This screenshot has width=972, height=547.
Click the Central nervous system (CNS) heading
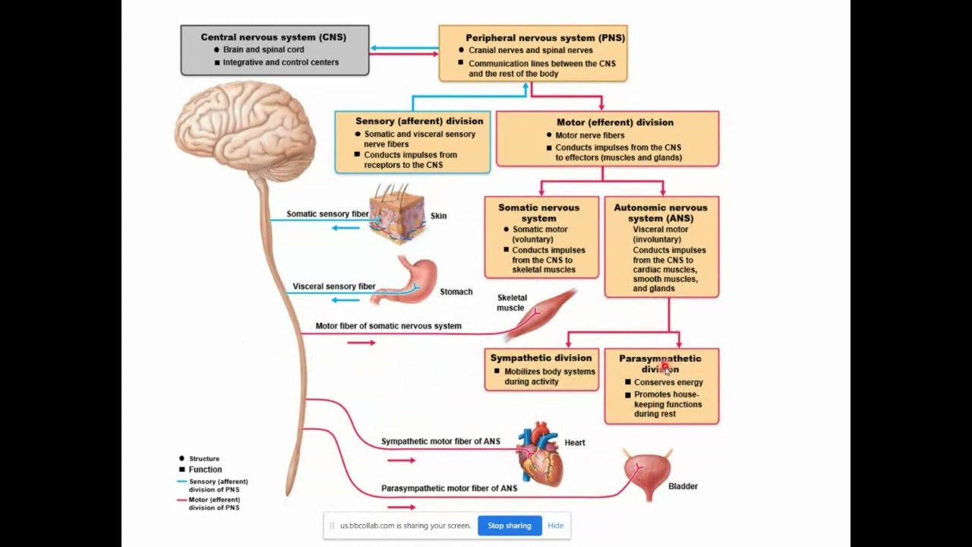click(273, 36)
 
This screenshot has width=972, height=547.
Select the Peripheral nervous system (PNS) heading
click(545, 37)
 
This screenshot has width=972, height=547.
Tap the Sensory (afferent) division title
click(419, 121)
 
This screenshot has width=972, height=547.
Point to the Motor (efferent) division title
click(614, 122)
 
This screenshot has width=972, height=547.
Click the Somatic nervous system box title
click(538, 213)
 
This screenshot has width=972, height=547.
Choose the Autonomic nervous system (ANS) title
click(660, 213)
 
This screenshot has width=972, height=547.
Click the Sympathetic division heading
click(541, 358)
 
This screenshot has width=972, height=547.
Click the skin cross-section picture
click(396, 215)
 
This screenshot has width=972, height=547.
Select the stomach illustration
click(409, 282)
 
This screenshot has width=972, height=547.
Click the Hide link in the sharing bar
click(555, 526)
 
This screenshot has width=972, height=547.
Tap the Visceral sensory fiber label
click(334, 286)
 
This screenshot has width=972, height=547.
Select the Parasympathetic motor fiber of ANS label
click(449, 489)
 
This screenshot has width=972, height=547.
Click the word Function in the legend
click(205, 470)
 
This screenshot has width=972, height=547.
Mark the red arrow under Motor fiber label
click(361, 343)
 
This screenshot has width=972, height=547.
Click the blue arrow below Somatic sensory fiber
click(346, 228)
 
